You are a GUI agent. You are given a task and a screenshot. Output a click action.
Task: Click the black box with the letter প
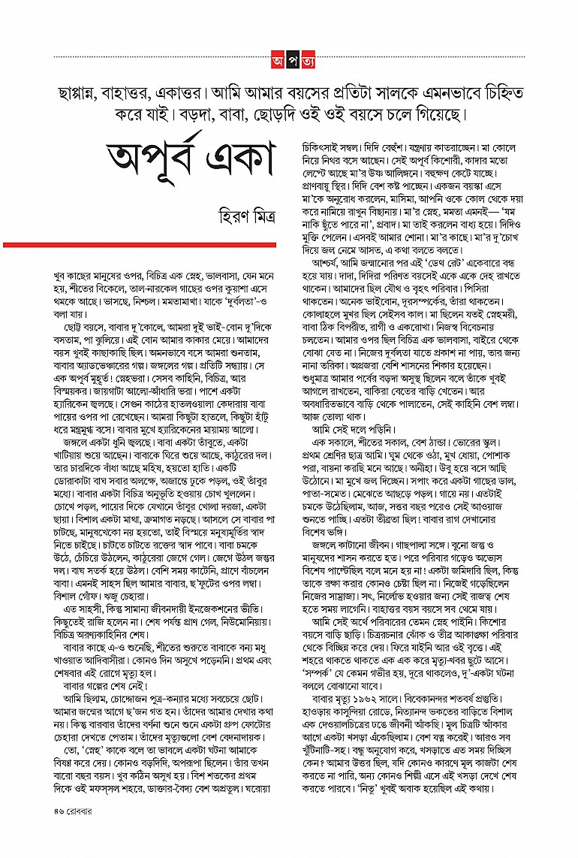[x=289, y=57]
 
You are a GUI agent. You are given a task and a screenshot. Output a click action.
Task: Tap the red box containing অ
[x=276, y=57]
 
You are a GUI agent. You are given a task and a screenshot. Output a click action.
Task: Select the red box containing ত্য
[x=302, y=57]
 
